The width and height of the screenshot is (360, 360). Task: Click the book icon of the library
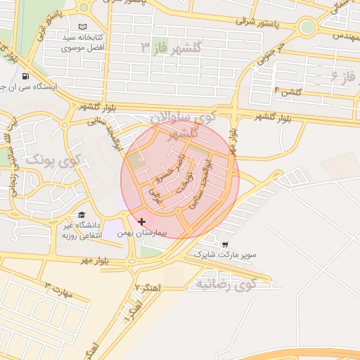[x=84, y=27]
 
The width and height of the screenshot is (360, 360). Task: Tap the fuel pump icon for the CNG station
[x=26, y=77]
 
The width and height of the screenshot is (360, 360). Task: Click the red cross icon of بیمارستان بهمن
[x=142, y=221]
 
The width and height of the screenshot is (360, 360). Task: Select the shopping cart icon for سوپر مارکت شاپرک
[x=224, y=245]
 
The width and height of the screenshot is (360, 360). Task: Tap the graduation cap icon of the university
[x=82, y=215]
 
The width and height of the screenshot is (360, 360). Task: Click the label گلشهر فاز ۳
[x=171, y=47]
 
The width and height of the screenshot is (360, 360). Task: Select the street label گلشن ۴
[x=289, y=91]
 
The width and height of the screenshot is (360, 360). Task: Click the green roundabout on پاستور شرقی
[x=306, y=27]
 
